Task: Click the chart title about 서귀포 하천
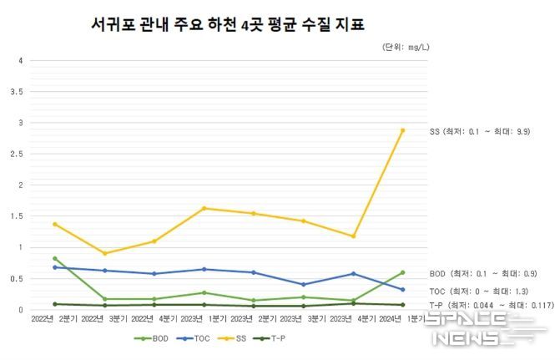227,25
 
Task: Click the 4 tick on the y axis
21,60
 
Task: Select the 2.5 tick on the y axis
18,154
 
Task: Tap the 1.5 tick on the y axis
18,216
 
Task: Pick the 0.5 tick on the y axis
18,279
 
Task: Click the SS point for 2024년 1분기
402,130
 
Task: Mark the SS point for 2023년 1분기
204,208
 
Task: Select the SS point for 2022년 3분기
105,253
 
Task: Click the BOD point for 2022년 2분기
55,258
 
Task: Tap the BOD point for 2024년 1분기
402,272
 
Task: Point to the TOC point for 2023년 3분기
303,284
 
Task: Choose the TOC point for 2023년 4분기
353,273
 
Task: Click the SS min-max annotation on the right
480,132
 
